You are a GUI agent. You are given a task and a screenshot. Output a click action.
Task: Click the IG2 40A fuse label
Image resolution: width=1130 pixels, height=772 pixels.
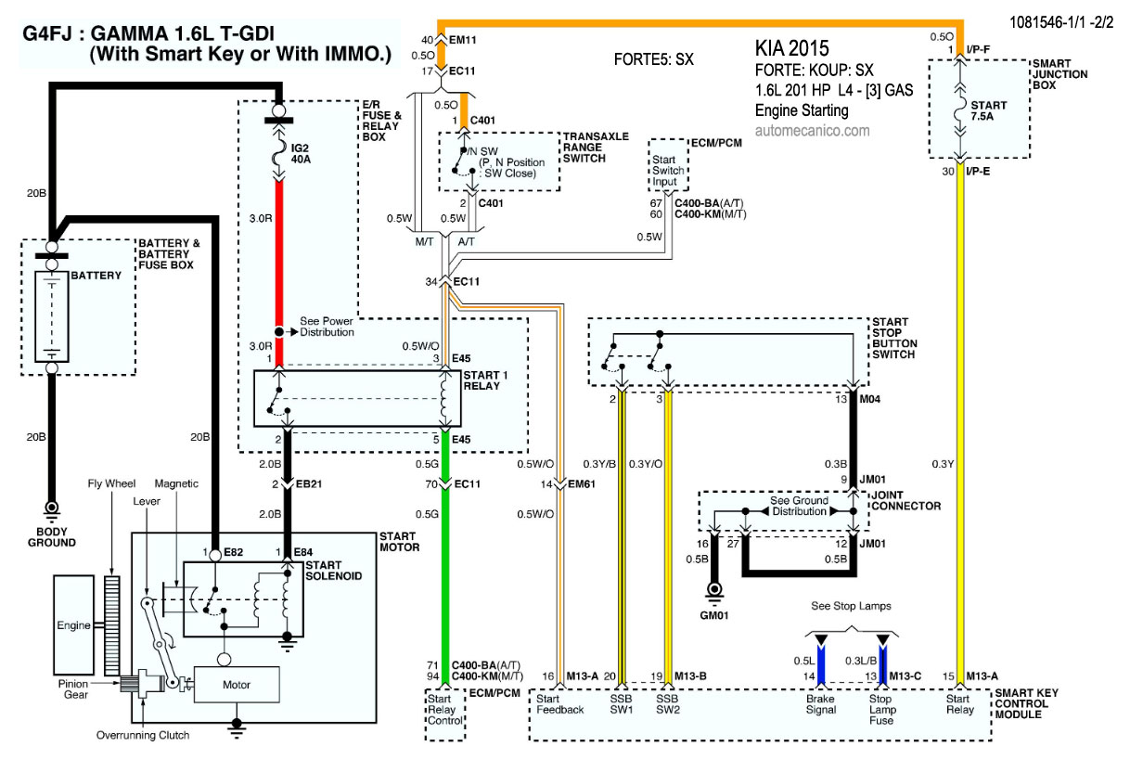301,154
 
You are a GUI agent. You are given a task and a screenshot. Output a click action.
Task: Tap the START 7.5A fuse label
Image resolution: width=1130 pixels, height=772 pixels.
988,111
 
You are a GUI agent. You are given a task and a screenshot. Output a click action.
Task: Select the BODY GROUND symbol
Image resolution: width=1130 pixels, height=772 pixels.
51,510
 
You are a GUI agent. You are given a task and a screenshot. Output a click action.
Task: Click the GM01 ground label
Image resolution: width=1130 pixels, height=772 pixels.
713,615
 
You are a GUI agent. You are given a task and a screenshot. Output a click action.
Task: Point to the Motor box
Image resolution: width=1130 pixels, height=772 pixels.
237,684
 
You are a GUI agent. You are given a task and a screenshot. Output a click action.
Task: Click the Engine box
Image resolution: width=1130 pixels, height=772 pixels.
73,625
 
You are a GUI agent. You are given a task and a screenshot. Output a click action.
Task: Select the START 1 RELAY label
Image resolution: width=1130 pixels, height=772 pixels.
485,380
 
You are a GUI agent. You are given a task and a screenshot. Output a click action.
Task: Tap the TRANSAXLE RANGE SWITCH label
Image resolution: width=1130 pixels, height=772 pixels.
596,148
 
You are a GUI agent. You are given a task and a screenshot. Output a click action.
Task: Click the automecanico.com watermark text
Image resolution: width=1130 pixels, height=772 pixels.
812,131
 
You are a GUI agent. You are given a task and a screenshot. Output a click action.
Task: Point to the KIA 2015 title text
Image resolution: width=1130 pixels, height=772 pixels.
791,48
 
